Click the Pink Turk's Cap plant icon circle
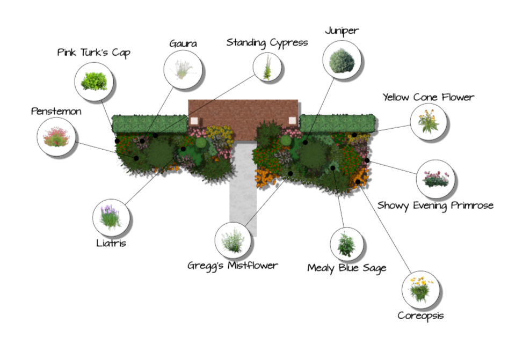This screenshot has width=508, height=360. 95,82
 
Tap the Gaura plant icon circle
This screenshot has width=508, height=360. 183,68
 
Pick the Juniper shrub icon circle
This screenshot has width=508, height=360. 342,60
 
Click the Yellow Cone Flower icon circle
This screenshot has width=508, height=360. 429,122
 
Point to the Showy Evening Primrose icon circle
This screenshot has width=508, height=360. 436,179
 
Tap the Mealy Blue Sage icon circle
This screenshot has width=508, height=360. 346,244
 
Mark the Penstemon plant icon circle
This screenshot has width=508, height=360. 56,136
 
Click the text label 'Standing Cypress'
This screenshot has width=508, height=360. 267,42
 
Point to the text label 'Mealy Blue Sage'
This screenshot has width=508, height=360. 346,268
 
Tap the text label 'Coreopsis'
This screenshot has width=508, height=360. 420,315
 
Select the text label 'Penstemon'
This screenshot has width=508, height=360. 56,112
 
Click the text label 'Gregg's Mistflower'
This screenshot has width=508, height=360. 233,265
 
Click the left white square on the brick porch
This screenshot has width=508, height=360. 194,120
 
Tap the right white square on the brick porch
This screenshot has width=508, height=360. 292,120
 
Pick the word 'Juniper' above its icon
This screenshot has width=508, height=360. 342,31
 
